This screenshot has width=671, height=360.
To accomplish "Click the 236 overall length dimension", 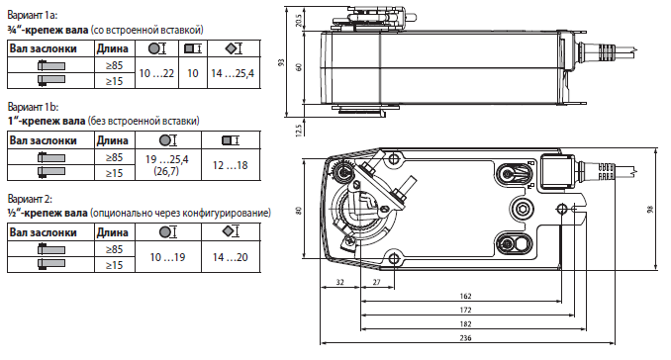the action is [465, 338].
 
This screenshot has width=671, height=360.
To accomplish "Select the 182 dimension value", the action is [465, 324].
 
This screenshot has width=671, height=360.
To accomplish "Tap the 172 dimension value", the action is [465, 310].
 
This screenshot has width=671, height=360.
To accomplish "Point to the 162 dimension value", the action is [465, 296].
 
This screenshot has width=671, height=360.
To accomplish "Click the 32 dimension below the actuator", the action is [339, 282].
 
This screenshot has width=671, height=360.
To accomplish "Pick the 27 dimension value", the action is [377, 282].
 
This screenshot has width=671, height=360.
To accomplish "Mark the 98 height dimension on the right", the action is [651, 209].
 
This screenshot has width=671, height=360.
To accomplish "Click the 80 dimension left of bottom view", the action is [298, 211].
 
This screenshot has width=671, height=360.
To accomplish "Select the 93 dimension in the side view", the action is [281, 62].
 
